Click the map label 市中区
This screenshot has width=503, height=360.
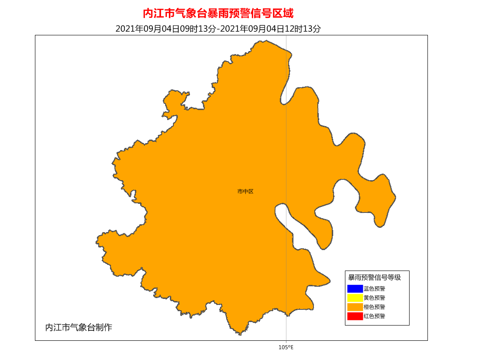[245, 191]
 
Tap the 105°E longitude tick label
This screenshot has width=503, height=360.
[286, 347]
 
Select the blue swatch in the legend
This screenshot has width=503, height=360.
[355, 288]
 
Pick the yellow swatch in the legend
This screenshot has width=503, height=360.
[355, 298]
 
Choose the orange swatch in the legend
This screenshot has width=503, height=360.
[355, 307]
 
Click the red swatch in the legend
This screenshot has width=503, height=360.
[355, 316]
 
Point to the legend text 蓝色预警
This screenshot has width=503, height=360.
[375, 288]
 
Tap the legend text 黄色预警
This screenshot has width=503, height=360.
[375, 298]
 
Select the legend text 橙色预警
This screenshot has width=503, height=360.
[375, 307]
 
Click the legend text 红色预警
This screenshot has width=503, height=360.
[375, 316]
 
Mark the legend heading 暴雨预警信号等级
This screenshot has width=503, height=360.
[374, 277]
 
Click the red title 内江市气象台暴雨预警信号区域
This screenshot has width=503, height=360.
[218, 13]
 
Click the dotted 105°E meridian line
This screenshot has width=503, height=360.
[286, 131]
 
